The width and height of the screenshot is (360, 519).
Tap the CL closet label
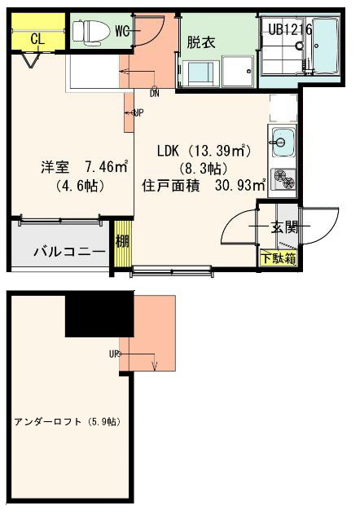(x=37, y=37)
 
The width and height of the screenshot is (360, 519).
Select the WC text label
(x=123, y=31)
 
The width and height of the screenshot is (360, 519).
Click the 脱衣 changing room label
(x=200, y=42)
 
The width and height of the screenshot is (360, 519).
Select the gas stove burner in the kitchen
(x=283, y=178)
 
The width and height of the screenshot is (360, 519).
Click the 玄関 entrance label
(x=285, y=227)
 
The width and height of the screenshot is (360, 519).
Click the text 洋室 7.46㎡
(x=86, y=168)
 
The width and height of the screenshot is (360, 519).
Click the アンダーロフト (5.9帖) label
(x=67, y=422)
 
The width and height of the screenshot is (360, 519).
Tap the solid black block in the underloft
(x=99, y=314)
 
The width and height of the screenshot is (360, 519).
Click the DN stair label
(x=154, y=93)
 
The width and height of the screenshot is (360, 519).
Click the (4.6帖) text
(x=78, y=186)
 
